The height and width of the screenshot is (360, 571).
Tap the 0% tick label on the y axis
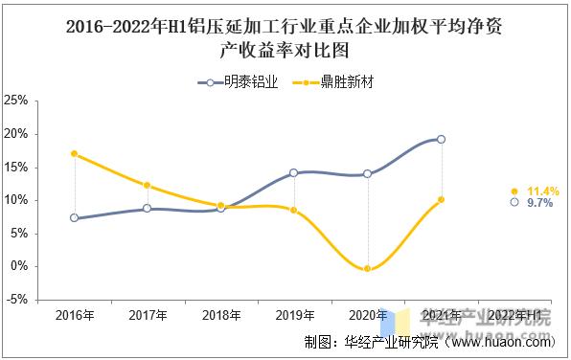(x=18, y=266)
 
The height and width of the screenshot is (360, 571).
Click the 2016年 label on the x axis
(x=75, y=315)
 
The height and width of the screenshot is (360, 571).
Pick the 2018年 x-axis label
(x=220, y=315)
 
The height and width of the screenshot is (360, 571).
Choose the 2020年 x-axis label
(x=368, y=315)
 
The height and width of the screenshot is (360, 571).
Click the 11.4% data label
(x=543, y=191)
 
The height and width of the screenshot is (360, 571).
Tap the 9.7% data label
(x=541, y=203)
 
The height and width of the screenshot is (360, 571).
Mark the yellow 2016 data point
(x=75, y=153)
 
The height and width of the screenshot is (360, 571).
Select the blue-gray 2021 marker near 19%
(x=441, y=139)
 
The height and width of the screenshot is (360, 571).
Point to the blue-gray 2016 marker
(x=75, y=217)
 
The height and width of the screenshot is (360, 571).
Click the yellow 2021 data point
(x=441, y=199)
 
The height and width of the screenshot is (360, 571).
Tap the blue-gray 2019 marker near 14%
(x=294, y=173)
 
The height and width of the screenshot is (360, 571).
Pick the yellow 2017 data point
(x=148, y=185)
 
